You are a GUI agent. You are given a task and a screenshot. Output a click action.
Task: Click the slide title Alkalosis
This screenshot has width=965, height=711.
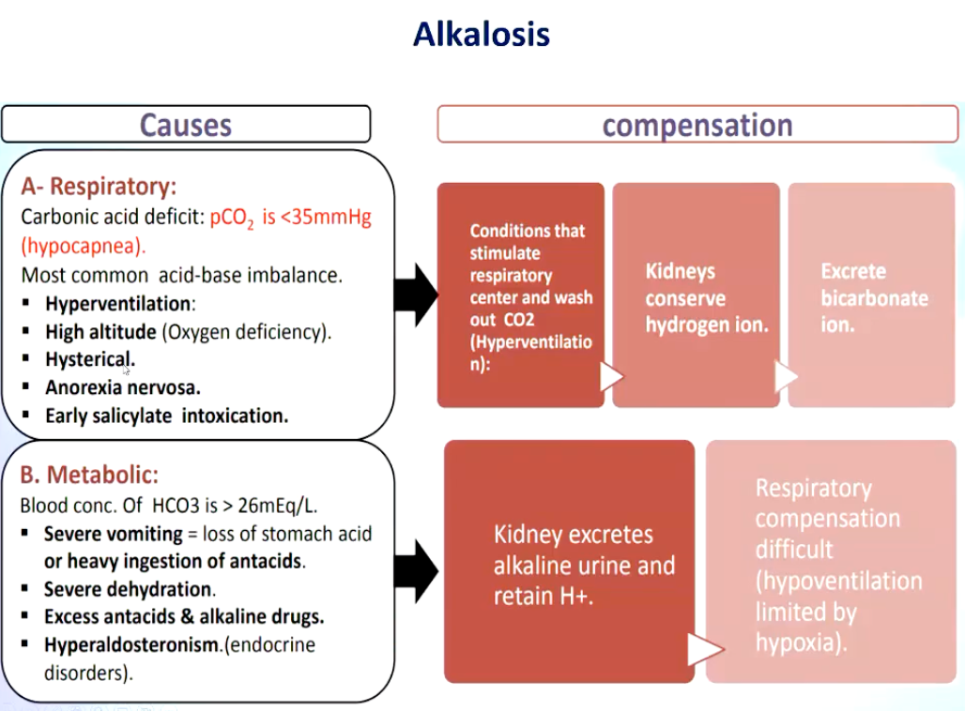coord(482,34)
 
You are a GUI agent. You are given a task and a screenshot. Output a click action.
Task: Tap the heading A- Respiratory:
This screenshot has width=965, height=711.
coord(99,186)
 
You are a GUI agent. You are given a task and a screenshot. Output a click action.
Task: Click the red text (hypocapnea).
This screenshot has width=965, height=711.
coord(84,246)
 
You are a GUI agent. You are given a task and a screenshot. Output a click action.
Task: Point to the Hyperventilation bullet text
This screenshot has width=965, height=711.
coord(120,304)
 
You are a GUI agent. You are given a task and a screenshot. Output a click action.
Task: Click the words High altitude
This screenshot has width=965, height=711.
coord(101,332)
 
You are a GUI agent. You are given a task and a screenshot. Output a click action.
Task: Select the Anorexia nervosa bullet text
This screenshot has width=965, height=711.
coord(123,387)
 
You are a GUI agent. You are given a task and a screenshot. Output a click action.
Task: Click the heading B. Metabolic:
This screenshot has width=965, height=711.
coord(89,475)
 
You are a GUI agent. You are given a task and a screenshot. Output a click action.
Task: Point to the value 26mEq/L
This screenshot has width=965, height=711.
coord(277,506)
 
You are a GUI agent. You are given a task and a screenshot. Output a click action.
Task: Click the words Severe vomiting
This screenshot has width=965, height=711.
coord(114,534)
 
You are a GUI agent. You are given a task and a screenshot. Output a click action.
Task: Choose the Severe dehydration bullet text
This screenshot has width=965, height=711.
coord(130,589)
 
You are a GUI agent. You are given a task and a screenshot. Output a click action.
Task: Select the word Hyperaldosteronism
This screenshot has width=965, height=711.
coord(131,644)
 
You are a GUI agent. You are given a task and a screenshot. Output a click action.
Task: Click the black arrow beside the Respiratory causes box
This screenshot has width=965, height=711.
coord(416,295)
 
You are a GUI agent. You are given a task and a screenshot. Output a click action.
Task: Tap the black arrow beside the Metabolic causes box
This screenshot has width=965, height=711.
coord(416,570)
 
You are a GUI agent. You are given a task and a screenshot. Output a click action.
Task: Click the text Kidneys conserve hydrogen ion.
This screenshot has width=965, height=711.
coord(707,297)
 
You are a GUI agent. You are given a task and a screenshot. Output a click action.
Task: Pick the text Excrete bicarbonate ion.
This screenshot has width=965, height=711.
coord(875,297)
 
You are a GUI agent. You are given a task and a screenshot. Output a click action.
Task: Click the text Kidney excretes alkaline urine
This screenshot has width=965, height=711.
coord(584,550)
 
